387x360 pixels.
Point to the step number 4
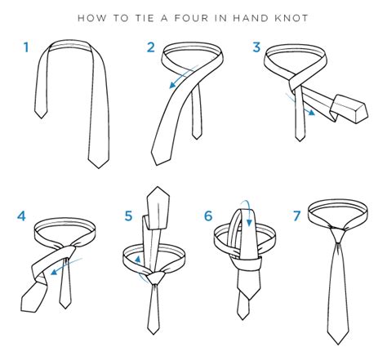[x=22, y=216]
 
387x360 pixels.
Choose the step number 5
[x=128, y=216]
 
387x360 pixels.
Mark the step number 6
[x=209, y=216]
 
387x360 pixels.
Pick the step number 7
[x=297, y=216]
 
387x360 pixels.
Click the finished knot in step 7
[x=336, y=238]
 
